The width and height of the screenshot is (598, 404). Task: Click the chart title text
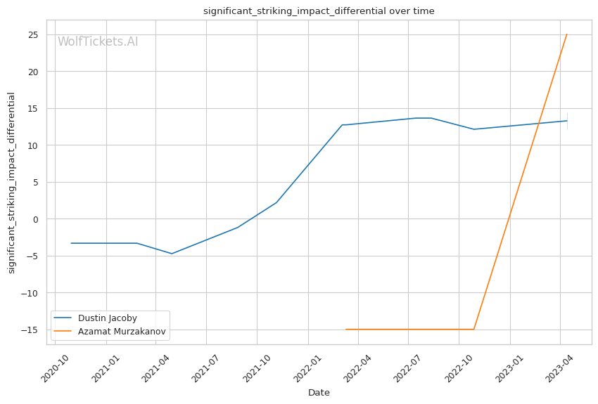click(319, 11)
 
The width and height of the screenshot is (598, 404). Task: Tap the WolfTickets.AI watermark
click(98, 42)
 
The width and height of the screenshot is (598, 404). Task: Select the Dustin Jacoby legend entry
click(108, 318)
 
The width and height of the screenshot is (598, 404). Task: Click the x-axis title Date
click(319, 393)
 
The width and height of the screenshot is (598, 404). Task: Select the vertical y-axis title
click(12, 183)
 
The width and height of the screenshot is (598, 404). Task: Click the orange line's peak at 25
click(567, 34)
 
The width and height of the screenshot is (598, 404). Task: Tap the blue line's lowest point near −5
click(172, 254)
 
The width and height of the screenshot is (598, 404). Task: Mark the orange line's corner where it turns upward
click(474, 330)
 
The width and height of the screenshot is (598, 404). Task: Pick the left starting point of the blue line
click(71, 243)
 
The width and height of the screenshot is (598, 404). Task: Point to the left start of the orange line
click(345, 330)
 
